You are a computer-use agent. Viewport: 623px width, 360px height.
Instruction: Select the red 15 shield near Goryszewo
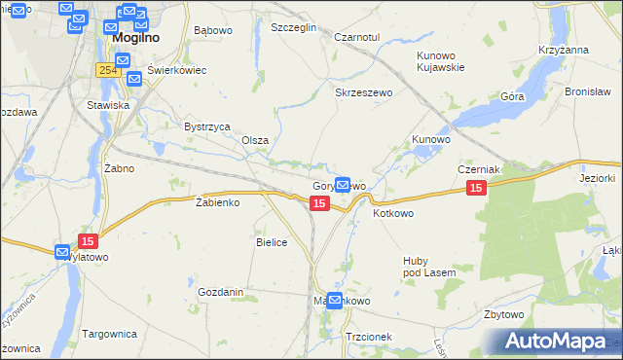[318, 202]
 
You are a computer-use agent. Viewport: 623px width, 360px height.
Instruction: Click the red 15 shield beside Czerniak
[475, 188]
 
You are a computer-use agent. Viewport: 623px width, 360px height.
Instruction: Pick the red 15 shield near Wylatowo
[88, 240]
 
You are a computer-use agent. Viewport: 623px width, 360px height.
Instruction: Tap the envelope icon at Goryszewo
[343, 183]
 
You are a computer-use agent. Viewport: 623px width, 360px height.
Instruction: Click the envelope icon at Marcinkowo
[335, 301]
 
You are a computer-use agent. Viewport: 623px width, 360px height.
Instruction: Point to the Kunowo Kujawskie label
[442, 61]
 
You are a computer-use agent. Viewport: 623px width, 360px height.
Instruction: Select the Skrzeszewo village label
[363, 92]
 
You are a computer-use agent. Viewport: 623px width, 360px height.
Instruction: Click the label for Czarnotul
[355, 36]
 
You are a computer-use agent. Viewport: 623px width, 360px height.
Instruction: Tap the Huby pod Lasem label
[429, 267]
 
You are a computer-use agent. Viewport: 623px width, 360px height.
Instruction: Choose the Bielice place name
[272, 242]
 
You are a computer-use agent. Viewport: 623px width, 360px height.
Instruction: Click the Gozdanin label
[220, 292]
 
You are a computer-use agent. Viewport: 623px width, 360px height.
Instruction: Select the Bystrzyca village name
[206, 126]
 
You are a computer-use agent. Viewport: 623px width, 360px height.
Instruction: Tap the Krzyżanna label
[563, 49]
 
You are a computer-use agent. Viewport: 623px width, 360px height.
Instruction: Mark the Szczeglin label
[294, 28]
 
